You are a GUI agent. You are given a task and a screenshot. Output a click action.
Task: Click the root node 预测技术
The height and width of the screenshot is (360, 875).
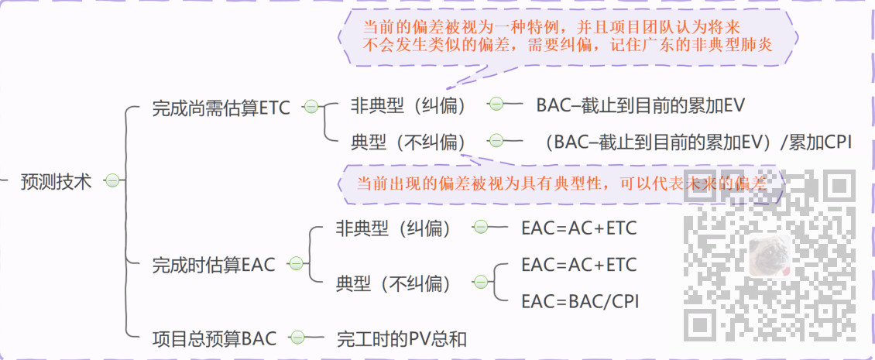coord(56,182)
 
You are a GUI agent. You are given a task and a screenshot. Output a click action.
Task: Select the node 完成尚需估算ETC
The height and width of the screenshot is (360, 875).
coord(221,108)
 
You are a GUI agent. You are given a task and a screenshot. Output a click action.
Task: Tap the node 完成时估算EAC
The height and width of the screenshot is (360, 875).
coord(213,265)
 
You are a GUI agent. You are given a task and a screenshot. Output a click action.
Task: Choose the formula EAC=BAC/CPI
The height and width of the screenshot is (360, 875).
coord(580,300)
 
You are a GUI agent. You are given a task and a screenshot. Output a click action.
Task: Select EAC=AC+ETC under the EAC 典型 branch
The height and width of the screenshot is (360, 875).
coord(579,265)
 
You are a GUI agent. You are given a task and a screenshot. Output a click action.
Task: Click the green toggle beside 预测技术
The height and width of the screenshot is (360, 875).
coord(112,182)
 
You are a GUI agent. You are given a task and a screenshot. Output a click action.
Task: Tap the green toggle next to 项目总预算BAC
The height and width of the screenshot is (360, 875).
coord(297,338)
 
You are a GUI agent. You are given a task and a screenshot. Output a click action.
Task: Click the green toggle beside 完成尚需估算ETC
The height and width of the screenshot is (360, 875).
coord(311,107)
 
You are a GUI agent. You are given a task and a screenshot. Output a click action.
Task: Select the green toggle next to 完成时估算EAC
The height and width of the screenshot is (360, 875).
coord(295,265)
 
